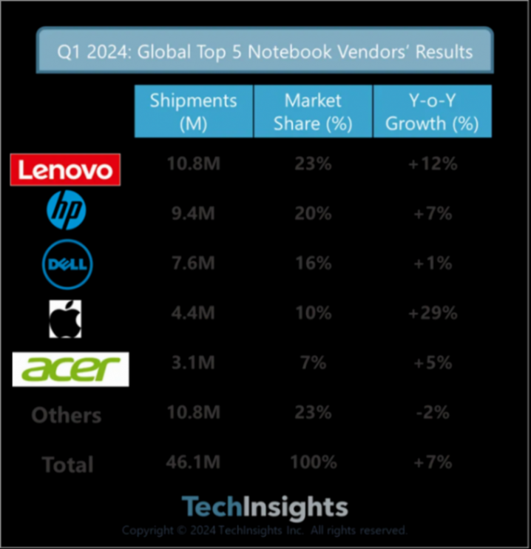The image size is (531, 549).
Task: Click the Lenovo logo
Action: [x=65, y=169]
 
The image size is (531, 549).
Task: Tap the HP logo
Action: [x=66, y=212]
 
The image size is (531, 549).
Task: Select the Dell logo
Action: [x=67, y=264]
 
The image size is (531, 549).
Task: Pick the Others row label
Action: [x=66, y=415]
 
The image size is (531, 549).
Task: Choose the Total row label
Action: [x=67, y=465]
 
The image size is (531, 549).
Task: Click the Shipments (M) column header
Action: [x=193, y=111]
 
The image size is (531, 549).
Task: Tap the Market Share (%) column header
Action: [x=313, y=111]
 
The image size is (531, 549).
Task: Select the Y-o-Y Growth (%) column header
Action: [x=433, y=111]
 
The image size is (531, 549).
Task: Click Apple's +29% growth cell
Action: [x=433, y=314]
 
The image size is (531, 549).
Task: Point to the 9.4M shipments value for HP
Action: [x=193, y=214]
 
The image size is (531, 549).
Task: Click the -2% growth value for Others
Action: [x=433, y=413]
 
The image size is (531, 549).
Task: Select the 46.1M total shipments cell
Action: [x=193, y=463]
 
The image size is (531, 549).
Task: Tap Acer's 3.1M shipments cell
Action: [x=193, y=363]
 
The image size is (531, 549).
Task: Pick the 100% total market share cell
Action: [x=313, y=463]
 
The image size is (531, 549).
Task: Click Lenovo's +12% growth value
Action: [x=433, y=164]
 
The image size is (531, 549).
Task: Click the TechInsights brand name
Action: [x=265, y=507]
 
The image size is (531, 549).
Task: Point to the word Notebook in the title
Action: [x=286, y=53]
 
